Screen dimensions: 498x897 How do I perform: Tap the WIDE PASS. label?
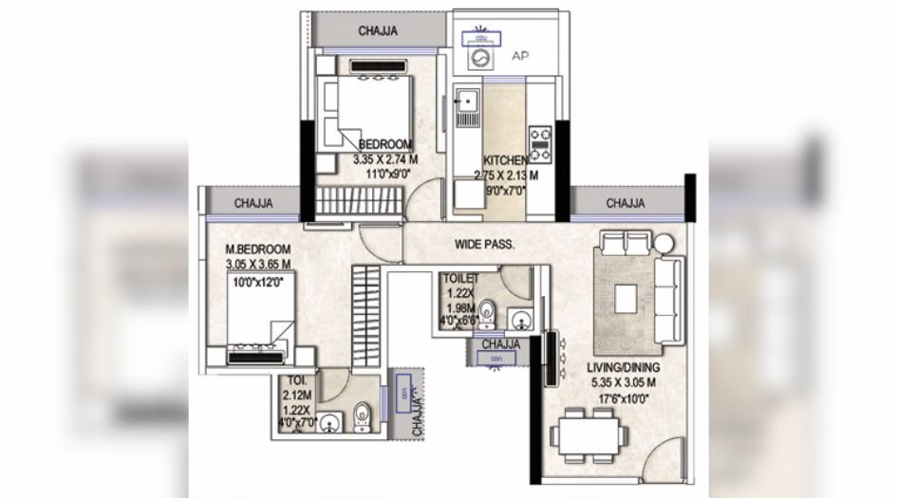click(x=484, y=244)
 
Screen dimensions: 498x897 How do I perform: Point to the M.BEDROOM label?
click(x=257, y=249)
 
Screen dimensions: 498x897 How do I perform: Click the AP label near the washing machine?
click(x=519, y=56)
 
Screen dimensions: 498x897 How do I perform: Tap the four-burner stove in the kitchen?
click(x=540, y=142)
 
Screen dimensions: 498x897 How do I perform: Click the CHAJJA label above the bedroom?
click(x=377, y=31)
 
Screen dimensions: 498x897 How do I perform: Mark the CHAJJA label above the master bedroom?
click(x=253, y=203)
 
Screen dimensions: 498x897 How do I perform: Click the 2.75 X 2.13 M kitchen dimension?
click(x=506, y=175)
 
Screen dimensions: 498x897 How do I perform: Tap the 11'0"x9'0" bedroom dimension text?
click(x=381, y=175)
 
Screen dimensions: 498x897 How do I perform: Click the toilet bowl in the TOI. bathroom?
click(x=362, y=418)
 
